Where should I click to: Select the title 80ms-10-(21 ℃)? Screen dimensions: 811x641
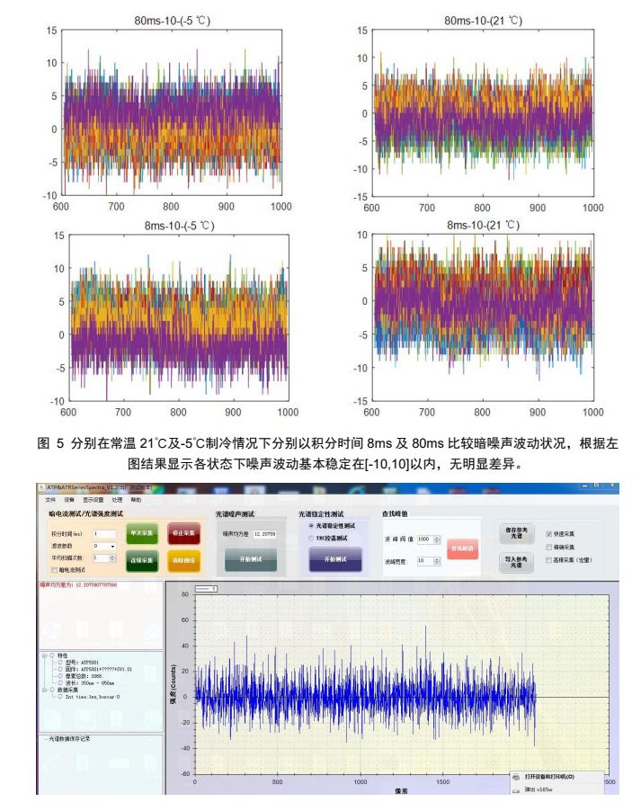[483, 20]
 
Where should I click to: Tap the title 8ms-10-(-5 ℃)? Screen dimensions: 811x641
[174, 225]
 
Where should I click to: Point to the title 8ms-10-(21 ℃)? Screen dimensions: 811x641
[483, 225]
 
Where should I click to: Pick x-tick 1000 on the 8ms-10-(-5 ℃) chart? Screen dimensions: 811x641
[287, 412]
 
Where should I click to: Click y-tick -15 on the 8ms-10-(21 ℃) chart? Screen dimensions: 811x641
[361, 401]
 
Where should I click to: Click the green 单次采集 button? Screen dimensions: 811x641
[141, 532]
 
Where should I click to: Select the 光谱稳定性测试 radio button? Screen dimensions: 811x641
[310, 525]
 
